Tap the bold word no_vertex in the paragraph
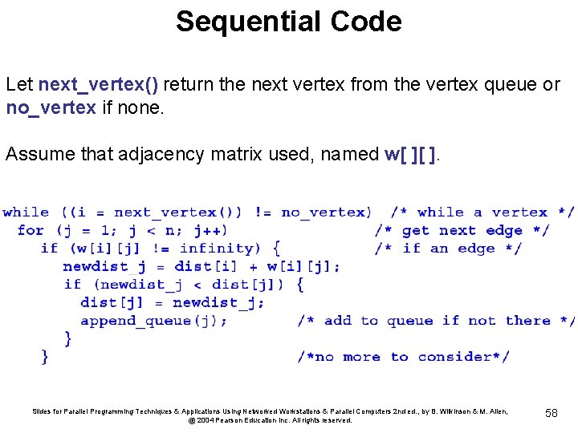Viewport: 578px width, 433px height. click(51, 107)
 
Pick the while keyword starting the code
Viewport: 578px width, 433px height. click(26, 212)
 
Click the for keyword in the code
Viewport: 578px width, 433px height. click(31, 231)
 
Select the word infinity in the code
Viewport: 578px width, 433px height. click(215, 249)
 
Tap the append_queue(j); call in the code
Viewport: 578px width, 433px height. click(153, 321)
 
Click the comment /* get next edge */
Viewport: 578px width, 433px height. click(462, 231)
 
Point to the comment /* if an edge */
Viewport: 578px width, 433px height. click(448, 249)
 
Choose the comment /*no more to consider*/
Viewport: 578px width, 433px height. click(403, 357)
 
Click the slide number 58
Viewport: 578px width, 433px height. click(552, 412)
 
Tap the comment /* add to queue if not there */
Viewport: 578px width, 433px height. click(435, 321)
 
